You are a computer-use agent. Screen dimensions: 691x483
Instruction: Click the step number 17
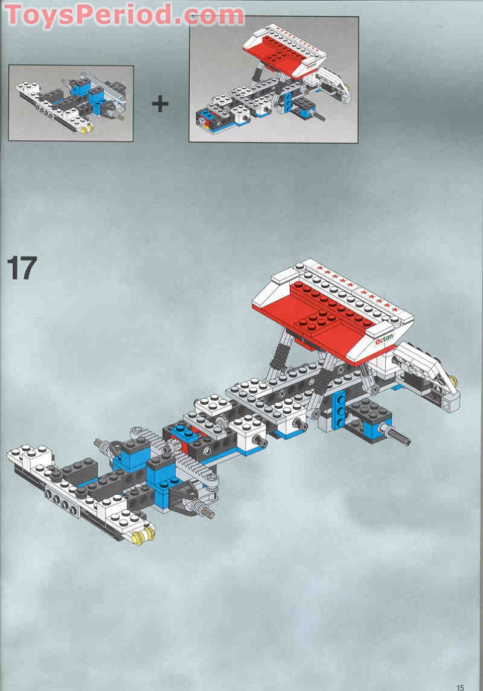22,268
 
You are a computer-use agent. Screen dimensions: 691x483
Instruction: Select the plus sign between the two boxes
160,104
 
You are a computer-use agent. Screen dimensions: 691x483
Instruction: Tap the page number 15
461,687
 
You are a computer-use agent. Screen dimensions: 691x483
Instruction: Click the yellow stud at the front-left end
139,536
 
